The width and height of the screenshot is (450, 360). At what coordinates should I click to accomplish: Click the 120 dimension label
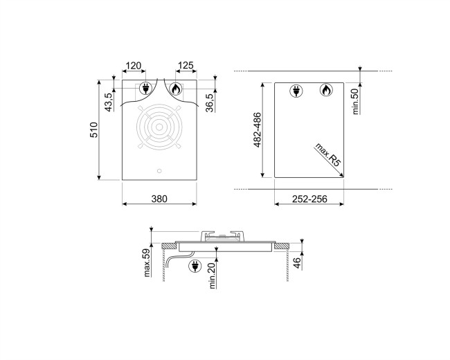[x=134, y=66]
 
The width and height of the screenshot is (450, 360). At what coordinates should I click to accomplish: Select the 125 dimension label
[x=186, y=66]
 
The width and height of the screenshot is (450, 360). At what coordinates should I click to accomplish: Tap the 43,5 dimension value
[x=109, y=102]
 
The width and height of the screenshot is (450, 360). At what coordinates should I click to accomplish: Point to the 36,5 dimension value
[x=210, y=102]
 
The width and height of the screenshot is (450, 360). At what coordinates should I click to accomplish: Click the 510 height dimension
[x=94, y=129]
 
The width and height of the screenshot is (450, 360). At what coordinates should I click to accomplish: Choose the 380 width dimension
[x=159, y=199]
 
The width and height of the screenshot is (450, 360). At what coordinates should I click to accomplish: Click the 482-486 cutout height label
[x=258, y=129]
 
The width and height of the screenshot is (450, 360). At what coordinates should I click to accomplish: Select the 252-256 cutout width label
[x=309, y=199]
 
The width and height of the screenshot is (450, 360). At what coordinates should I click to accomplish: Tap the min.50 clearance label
[x=355, y=102]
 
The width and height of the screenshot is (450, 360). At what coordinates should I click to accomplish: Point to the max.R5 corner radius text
[x=327, y=154]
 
